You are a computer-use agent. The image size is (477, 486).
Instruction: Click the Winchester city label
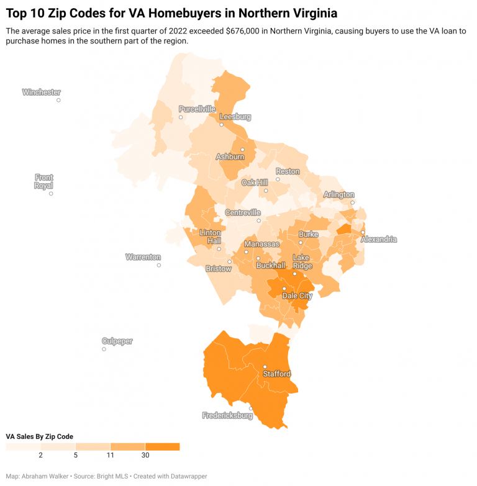42,92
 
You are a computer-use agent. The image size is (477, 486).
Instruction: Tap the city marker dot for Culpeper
104,349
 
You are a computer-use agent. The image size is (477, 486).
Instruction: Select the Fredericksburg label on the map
227,415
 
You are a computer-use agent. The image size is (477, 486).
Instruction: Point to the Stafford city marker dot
265,366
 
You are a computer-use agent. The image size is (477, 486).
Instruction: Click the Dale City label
298,296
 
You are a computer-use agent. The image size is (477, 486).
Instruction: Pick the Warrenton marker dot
159,265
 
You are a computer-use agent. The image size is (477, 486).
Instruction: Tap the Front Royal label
44,181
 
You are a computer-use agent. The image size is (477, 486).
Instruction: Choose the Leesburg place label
235,117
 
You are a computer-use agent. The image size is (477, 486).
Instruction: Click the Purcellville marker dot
181,117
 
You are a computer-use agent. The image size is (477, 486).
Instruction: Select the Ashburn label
230,157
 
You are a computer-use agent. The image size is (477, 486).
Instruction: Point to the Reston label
288,171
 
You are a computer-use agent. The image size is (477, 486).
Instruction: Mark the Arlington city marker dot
352,202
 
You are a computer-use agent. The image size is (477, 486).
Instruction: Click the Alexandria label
379,239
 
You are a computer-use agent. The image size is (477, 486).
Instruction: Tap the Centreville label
243,212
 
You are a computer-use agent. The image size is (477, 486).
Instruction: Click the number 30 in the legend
145,456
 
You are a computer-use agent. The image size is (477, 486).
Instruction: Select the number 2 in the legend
40,456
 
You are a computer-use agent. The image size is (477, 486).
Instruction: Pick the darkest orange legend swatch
162,446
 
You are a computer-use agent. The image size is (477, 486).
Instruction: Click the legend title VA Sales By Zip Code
39,436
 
